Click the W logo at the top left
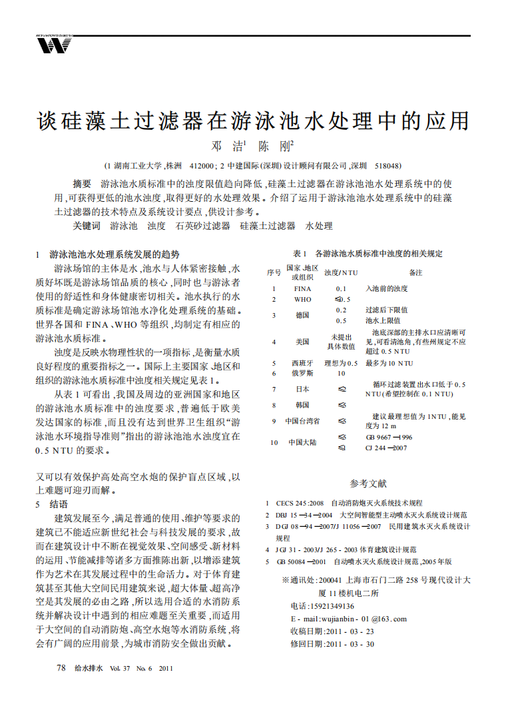coord(54,45)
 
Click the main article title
coord(252,120)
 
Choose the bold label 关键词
coord(87,226)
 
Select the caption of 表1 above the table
coord(368,254)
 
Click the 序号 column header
coord(274,272)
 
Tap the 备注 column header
coord(416,272)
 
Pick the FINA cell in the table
coord(302,289)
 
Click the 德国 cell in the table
coord(302,315)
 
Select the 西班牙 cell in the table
coord(302,363)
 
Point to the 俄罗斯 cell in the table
coord(302,373)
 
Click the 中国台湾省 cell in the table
coord(302,421)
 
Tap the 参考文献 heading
coord(368,484)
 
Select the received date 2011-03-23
coord(350,631)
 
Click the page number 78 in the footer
coord(61,667)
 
